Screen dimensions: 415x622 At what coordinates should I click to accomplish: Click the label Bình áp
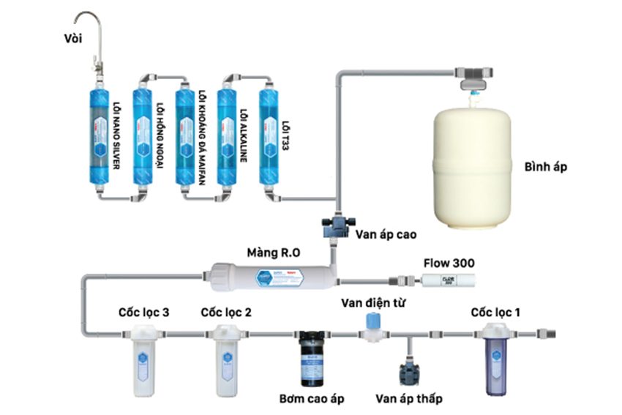547,167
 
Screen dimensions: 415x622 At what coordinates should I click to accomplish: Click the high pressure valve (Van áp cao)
337,224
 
